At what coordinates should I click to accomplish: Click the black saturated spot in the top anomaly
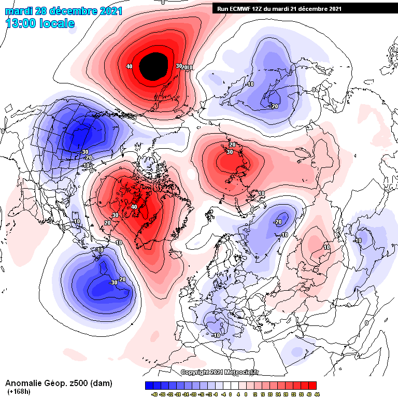154,66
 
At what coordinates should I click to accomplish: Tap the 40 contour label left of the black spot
129,66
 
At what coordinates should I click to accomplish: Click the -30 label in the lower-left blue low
114,282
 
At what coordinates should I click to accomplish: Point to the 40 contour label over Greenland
134,207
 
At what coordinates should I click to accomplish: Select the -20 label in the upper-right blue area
274,106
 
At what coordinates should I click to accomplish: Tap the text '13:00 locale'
40,23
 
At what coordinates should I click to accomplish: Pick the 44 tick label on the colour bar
316,394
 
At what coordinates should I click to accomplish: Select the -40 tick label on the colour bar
154,394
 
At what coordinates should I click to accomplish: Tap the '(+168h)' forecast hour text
18,392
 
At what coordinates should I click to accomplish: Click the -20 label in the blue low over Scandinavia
277,222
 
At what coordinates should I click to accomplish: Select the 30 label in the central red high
229,152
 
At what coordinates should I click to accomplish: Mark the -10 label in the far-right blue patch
357,240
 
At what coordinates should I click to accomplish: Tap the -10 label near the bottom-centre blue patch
216,335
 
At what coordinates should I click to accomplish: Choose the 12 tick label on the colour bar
255,394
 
